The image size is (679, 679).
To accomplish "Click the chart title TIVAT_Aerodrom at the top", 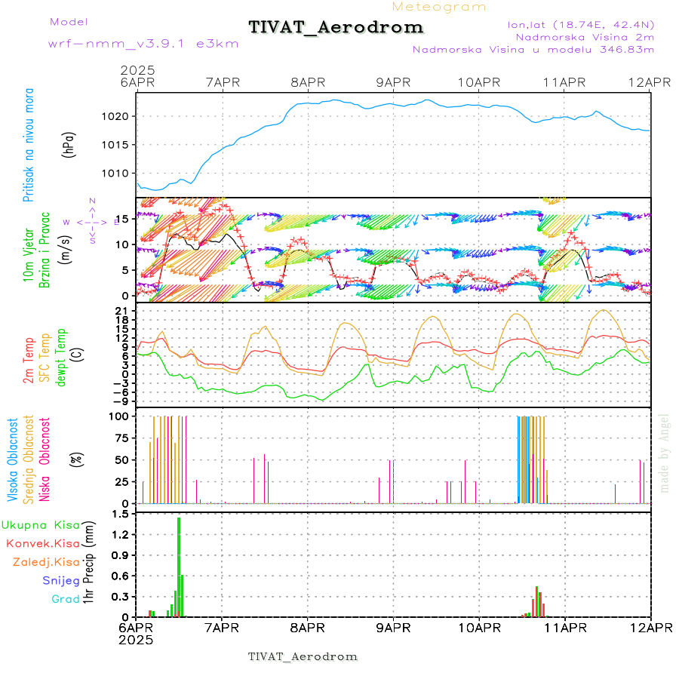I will coord(336,27).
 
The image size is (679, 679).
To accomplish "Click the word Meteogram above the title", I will coord(440,7).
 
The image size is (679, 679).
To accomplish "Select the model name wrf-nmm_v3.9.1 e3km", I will coord(143,44).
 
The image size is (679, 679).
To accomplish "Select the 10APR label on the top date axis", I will coord(478,81).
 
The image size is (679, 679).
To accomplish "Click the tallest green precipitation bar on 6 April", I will coord(179,566).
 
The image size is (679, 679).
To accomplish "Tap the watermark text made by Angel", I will coord(665,453).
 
